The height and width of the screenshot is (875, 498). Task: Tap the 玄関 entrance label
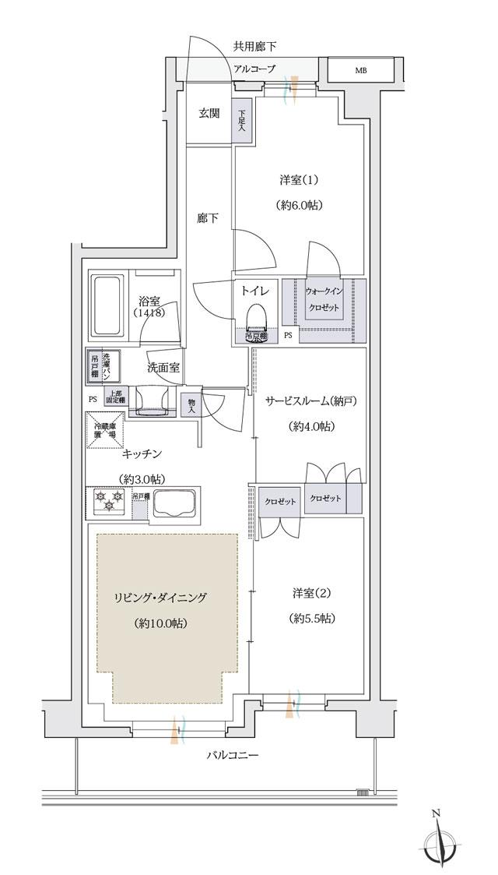point(209,114)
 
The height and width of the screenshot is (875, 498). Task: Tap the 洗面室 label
point(163,367)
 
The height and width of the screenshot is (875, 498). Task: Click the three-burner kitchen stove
point(109,502)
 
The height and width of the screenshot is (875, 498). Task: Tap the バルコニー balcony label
point(233,755)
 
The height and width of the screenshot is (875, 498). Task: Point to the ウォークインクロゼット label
point(323,297)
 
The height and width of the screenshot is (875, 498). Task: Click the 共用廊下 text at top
point(254,47)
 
